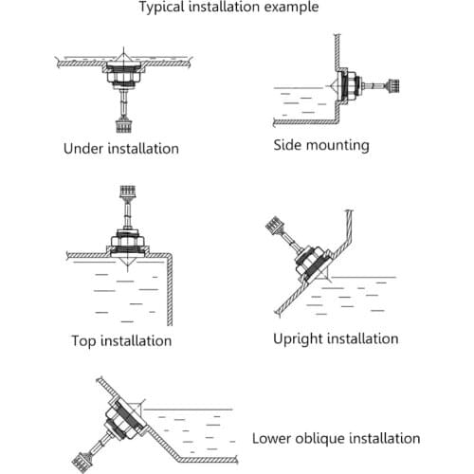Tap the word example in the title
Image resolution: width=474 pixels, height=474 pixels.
coord(291,7)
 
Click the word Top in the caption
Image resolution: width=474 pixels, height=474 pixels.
coord(83,340)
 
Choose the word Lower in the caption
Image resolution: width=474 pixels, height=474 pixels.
coord(271,438)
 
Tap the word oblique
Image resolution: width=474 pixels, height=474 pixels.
coord(319,439)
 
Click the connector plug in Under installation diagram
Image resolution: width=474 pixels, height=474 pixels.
coord(123,125)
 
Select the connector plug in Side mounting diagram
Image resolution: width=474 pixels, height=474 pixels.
coord(392,85)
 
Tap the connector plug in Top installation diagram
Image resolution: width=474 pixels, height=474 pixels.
coord(127,192)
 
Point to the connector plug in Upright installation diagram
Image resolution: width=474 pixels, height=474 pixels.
coord(274,225)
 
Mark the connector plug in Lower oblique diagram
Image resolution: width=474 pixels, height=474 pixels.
coord(82,462)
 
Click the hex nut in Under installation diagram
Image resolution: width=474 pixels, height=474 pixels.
coord(123,78)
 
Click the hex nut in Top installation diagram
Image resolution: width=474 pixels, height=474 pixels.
coord(127,241)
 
